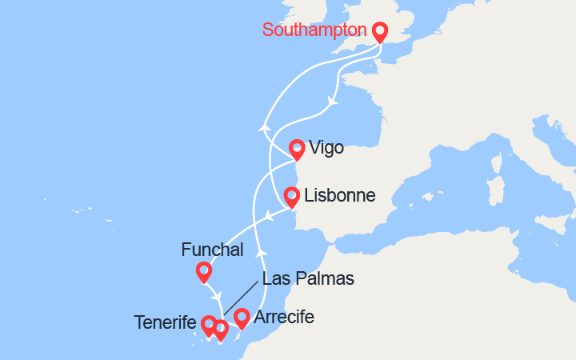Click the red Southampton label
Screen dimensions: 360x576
(314, 30)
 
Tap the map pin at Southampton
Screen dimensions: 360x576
(379, 31)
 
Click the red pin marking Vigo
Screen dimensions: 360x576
(297, 148)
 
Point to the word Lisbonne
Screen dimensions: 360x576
(334, 194)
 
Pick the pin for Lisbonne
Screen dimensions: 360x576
(290, 196)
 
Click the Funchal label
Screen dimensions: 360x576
(212, 250)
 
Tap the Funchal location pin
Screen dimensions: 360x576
(204, 272)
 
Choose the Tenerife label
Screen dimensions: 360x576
(166, 322)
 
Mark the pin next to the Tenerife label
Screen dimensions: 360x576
(208, 325)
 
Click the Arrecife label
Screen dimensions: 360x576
(284, 318)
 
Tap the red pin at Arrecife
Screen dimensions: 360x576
(241, 318)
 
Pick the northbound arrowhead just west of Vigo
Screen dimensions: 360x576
(263, 126)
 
